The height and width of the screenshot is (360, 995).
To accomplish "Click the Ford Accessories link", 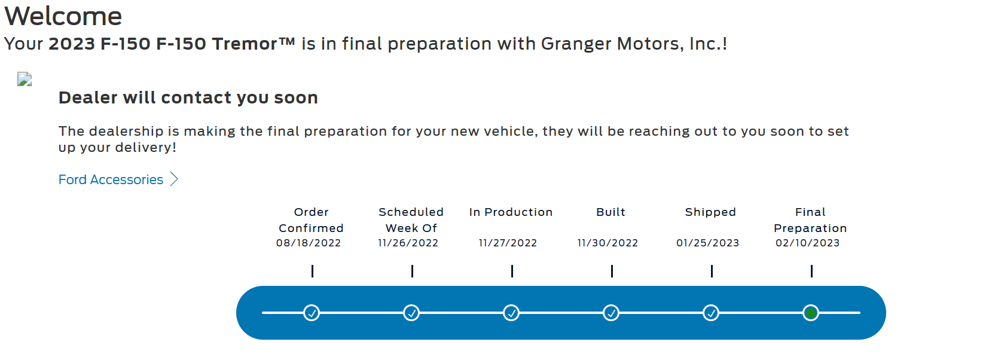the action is pos(111,179).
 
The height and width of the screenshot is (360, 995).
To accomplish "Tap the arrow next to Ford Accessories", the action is pos(174,179).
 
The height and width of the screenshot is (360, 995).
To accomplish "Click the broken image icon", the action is pos(25,79).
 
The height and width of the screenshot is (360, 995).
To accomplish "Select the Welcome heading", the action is pos(63,16).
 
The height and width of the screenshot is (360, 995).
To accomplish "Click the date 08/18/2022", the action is pos(309,243).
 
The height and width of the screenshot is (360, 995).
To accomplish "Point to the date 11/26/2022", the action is pos(408,243).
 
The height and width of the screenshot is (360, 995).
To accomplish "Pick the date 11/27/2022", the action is pos(508,243).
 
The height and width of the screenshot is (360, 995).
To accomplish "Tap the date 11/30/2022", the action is pos(608,243).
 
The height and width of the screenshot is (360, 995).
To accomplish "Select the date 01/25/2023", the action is pos(707,243).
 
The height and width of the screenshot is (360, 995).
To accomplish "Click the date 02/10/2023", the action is pos(808,243).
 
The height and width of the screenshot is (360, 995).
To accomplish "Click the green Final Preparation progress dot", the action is pos(811,313).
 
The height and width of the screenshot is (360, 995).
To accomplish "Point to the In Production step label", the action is pos(511,212).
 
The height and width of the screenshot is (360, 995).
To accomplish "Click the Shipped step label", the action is pos(710,212).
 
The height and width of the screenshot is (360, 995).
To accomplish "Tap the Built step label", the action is pos(611,212).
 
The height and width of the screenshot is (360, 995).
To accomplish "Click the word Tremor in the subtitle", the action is pos(245,44).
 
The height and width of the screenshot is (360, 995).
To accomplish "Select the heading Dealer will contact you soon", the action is pos(188,98).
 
